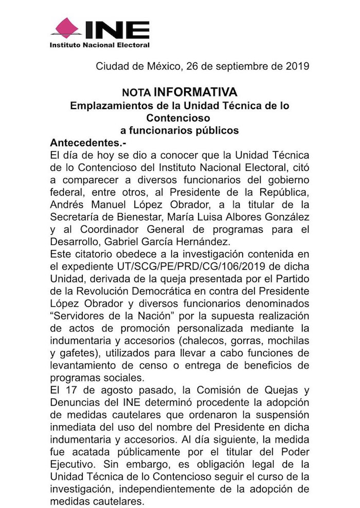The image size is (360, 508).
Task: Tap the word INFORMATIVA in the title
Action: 195,92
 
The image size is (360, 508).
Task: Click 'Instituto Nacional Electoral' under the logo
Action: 99,45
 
